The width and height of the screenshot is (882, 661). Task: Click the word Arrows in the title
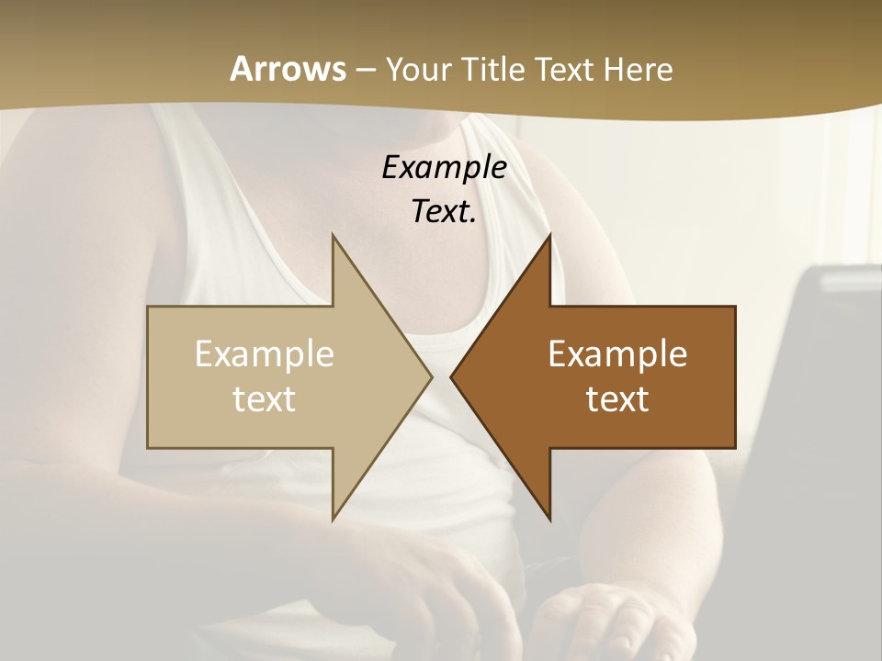click(x=288, y=69)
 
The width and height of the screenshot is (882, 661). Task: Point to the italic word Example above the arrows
click(x=445, y=167)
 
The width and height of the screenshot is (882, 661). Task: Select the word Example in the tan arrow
click(x=265, y=353)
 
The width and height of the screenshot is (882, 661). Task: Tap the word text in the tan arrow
click(x=265, y=398)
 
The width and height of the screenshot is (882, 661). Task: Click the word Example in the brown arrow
click(x=617, y=353)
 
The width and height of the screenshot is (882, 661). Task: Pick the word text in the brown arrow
click(x=617, y=398)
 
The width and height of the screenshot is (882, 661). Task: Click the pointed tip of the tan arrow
click(x=431, y=376)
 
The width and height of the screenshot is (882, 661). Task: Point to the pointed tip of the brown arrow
click(x=451, y=376)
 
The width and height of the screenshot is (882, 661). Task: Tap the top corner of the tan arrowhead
click(x=333, y=235)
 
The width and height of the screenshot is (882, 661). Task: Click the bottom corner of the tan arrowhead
click(x=333, y=520)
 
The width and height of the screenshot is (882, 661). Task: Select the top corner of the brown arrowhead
click(x=550, y=235)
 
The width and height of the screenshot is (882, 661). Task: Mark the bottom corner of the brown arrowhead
click(x=550, y=520)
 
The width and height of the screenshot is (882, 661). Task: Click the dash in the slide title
click(x=365, y=70)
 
